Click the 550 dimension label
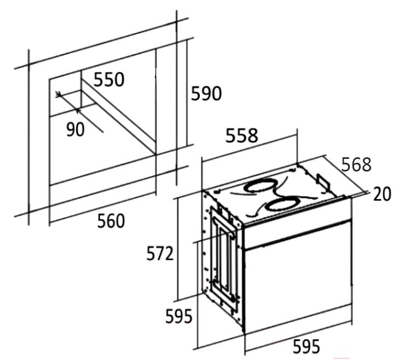click(109, 80)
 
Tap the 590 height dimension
click(206, 94)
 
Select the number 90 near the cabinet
click(75, 129)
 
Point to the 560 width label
click(111, 221)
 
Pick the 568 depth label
click(356, 164)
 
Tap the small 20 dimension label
click(382, 194)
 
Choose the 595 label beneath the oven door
click(306, 346)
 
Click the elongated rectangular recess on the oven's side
click(222, 255)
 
